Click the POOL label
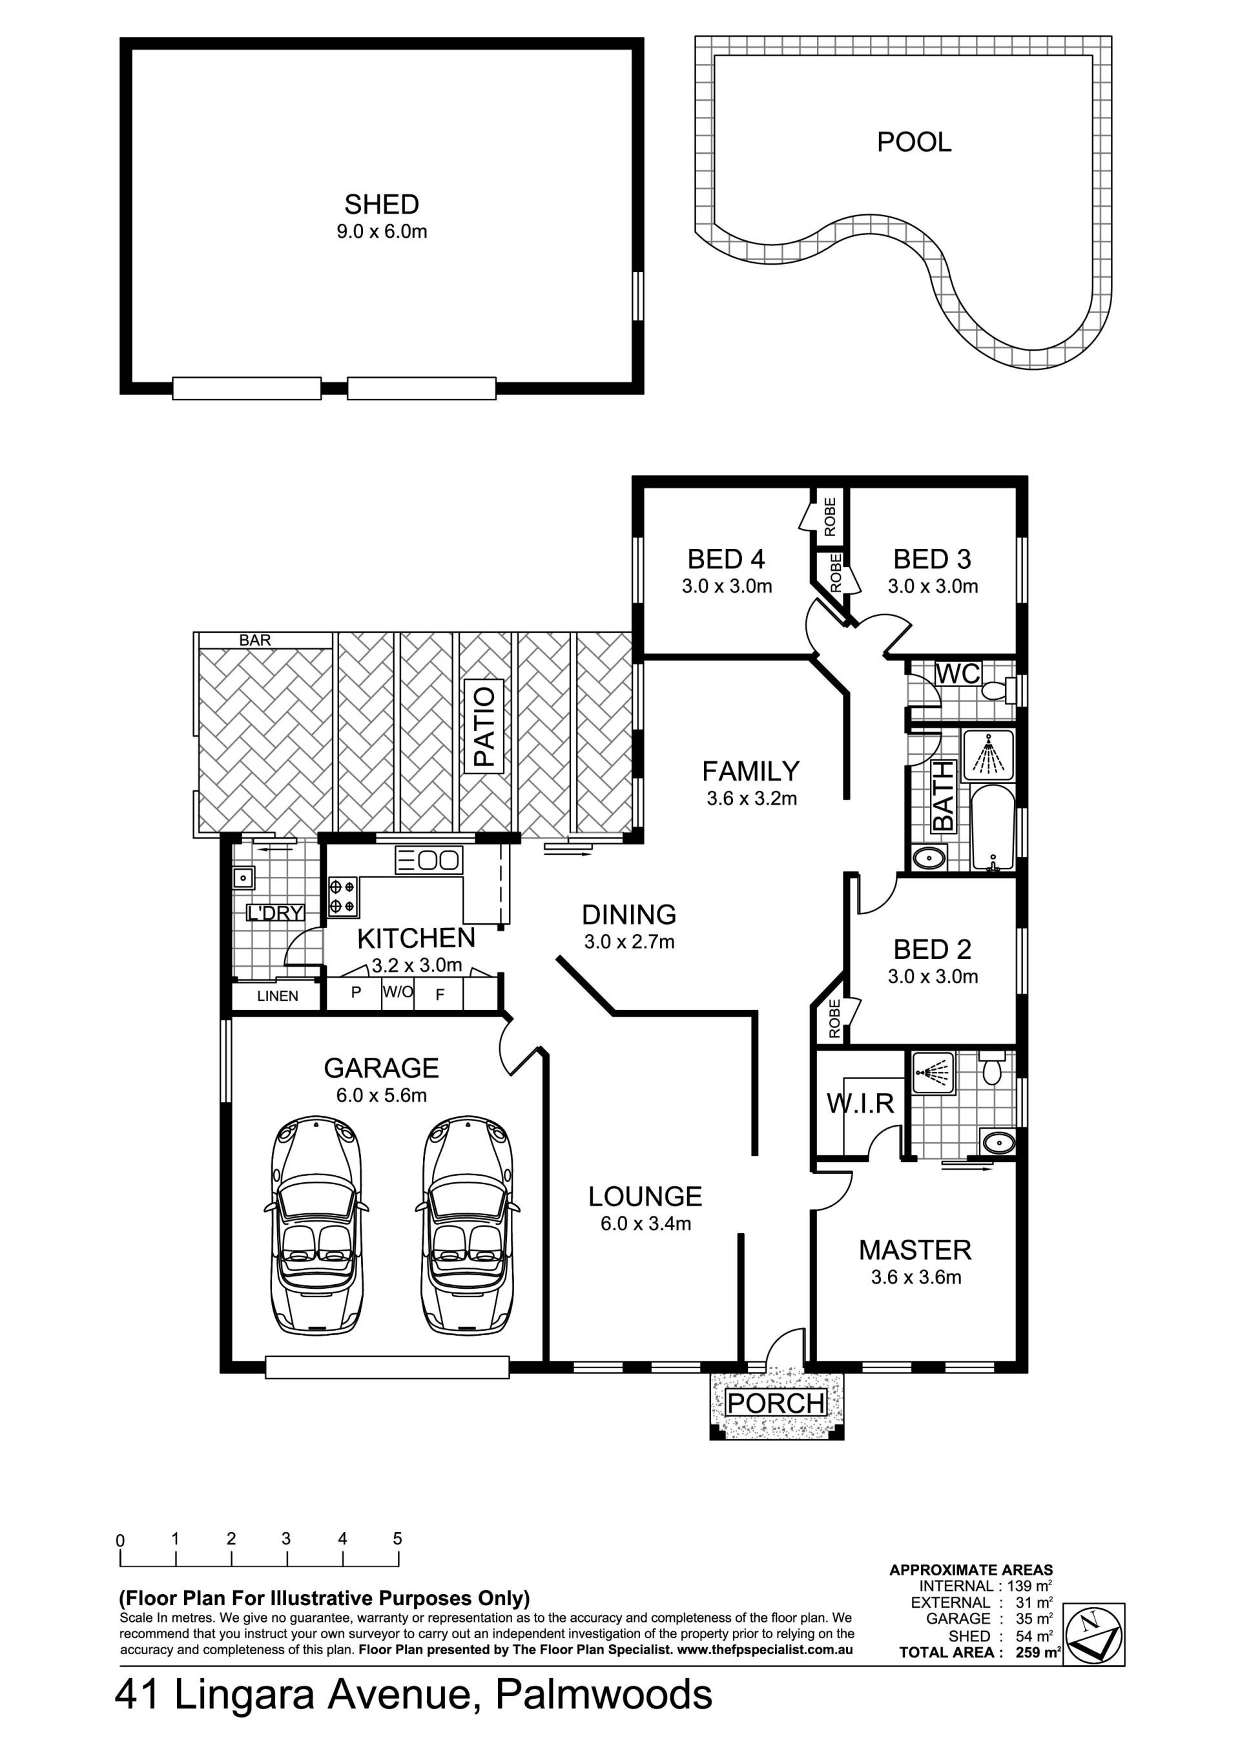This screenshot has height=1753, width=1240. tap(914, 142)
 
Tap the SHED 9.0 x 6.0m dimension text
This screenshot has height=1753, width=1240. tap(382, 232)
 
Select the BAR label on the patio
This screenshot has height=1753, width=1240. tap(255, 641)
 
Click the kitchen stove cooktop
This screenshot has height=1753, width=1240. tap(343, 897)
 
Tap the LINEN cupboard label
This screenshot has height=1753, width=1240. tap(278, 996)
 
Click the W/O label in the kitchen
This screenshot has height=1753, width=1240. tap(398, 992)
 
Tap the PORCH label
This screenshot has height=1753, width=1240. tap(776, 1402)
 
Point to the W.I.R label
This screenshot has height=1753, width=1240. tap(860, 1103)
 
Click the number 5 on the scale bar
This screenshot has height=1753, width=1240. tap(398, 1539)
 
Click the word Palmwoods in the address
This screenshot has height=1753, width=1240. tap(604, 1696)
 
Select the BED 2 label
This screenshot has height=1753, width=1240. tap(933, 949)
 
